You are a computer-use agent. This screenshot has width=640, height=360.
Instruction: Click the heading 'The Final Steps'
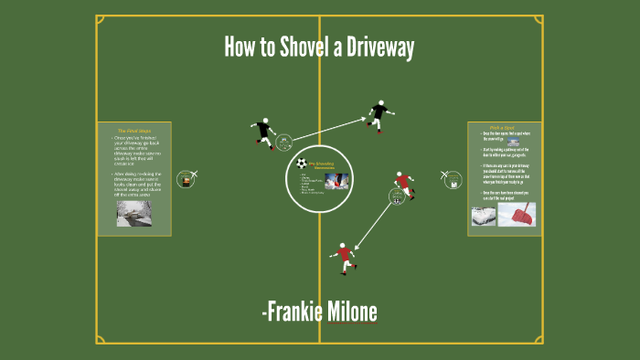click(x=133, y=130)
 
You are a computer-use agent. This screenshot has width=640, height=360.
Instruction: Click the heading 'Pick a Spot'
click(x=504, y=128)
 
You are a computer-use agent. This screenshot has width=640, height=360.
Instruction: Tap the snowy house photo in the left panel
click(x=133, y=214)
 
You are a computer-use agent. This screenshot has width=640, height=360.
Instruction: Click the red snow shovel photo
click(x=517, y=215)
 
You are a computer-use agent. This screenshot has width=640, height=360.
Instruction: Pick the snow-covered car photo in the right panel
click(x=484, y=216)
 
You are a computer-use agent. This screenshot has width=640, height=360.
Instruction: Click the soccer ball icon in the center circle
click(x=302, y=163)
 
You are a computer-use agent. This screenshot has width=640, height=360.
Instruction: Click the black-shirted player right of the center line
click(x=379, y=113)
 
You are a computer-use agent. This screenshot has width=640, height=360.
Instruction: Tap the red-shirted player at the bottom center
click(x=344, y=257)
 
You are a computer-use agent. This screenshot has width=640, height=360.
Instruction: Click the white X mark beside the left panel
click(x=193, y=174)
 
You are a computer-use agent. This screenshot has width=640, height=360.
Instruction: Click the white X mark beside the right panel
click(x=444, y=174)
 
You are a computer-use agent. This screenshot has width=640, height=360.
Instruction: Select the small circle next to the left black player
click(x=283, y=142)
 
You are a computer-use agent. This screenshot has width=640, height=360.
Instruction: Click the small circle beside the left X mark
click(x=186, y=180)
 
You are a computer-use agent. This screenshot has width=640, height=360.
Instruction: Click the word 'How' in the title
click(x=244, y=48)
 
